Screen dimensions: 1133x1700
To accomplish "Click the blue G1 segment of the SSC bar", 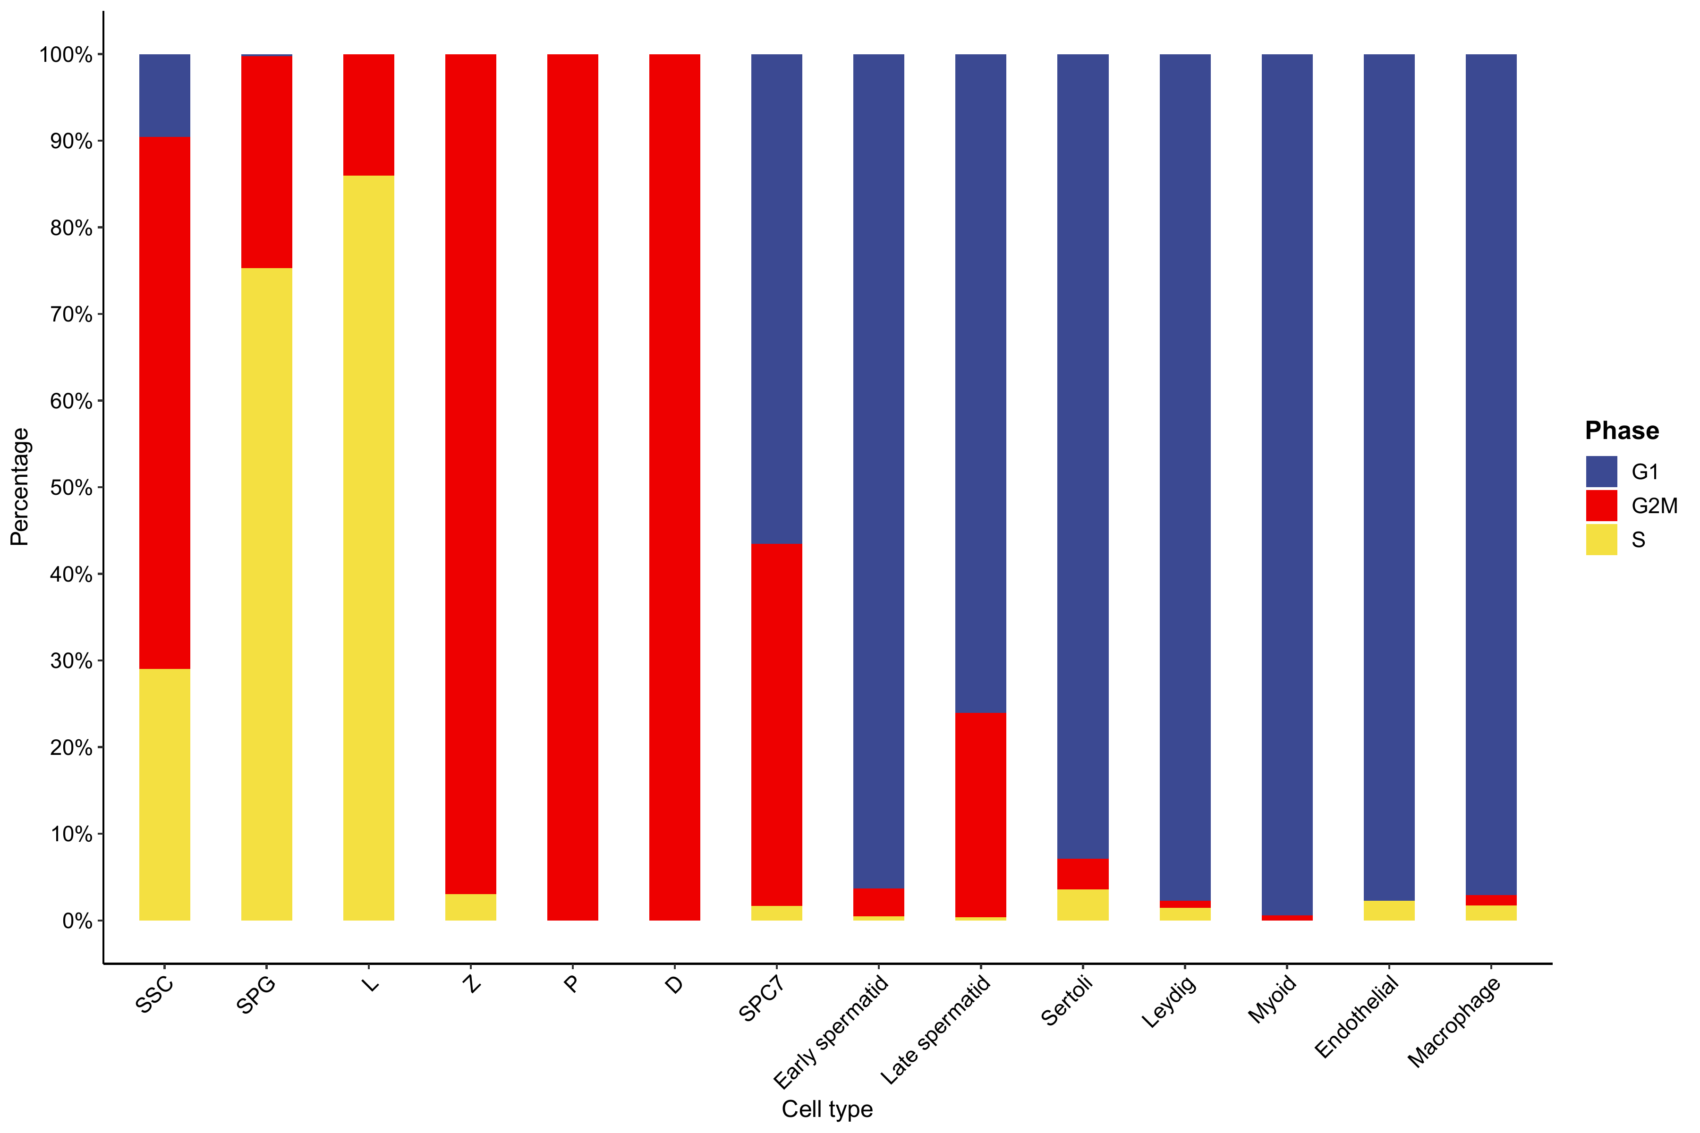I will (165, 95).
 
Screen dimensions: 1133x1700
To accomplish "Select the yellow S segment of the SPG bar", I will (267, 593).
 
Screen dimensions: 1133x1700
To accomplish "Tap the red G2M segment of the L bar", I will (369, 115).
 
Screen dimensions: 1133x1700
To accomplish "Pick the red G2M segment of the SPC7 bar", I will (776, 724).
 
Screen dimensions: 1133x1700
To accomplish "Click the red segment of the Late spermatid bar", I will (980, 814).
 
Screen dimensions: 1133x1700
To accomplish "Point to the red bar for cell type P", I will (572, 487).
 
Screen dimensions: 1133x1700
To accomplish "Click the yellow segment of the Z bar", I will (470, 907).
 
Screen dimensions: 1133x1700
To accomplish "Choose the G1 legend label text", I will (1644, 472).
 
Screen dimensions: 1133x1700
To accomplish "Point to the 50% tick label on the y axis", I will (71, 488).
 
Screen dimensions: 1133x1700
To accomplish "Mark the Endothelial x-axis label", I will (1356, 1017).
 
